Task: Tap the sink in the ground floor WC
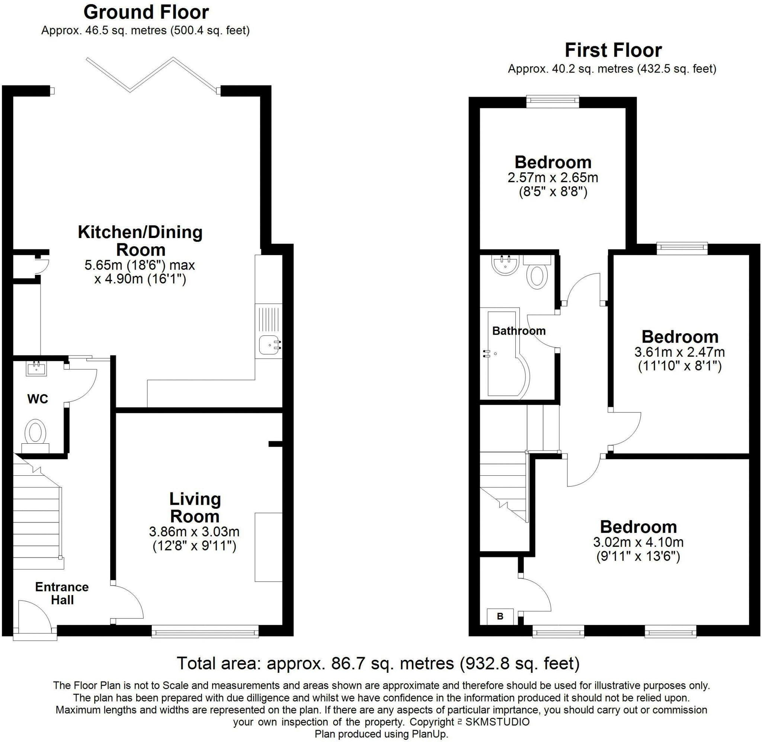36,368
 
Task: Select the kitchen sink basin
269,345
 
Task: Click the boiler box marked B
500,616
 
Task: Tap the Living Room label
195,508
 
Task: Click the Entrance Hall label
62,593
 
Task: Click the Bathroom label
519,331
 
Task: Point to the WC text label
38,399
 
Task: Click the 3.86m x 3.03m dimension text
194,531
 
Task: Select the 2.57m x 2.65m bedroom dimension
553,178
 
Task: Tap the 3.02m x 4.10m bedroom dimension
638,542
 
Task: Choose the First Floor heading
613,50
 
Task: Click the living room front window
205,631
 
